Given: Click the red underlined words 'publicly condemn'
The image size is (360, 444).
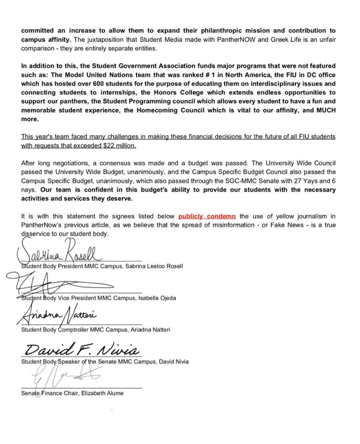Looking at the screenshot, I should (x=207, y=216).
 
